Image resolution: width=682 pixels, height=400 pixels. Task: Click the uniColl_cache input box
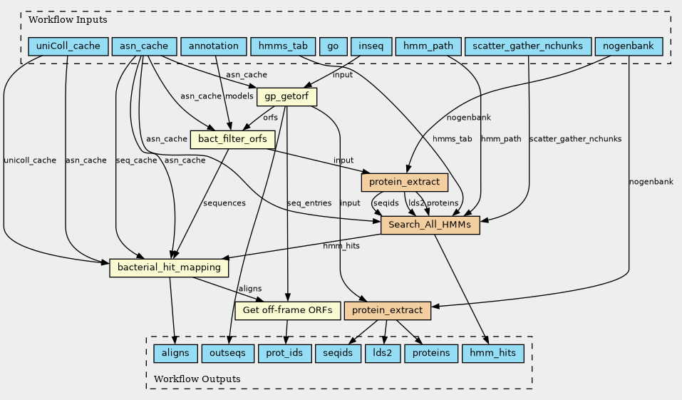coord(68,46)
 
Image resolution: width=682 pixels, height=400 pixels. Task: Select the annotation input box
coord(214,46)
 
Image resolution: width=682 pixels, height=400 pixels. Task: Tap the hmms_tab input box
coord(282,46)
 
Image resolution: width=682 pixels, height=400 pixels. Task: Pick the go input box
coord(332,46)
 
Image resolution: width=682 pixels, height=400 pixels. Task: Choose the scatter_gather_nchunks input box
coord(527,46)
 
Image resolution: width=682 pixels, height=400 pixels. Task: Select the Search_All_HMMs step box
coord(430,225)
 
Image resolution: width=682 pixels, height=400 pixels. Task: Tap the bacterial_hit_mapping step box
coord(168,268)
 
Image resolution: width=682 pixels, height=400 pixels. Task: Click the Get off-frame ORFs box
coord(288,310)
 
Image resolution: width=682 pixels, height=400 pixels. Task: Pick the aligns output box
coord(175,353)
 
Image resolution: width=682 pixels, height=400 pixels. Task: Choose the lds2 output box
coord(383,353)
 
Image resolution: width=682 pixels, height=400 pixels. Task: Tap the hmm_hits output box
coord(493,353)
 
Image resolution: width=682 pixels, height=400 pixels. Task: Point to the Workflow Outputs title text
coord(197,379)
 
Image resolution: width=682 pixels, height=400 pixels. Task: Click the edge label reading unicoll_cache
coord(29,160)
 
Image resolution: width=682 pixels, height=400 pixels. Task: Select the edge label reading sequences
coord(224,203)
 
